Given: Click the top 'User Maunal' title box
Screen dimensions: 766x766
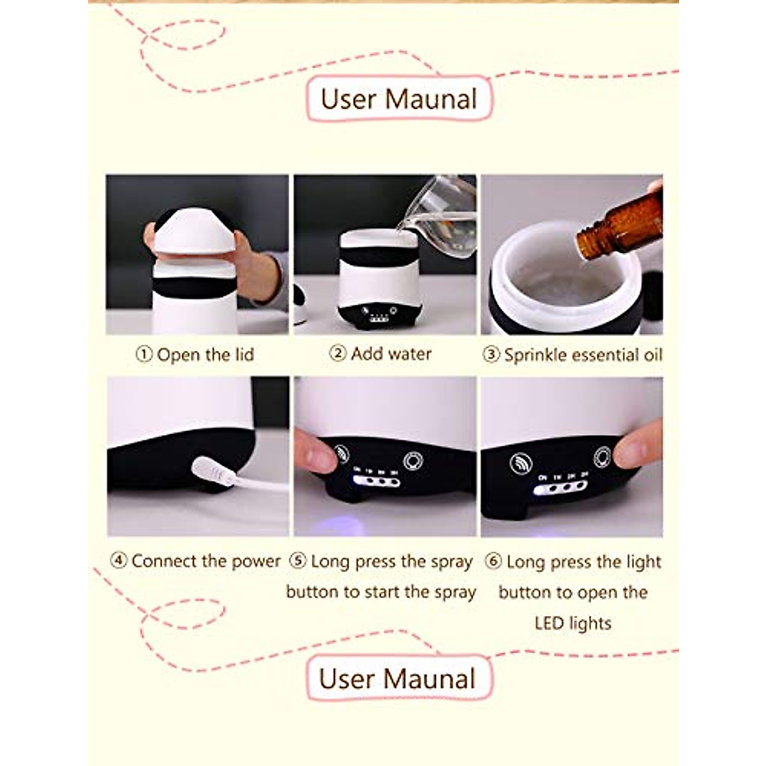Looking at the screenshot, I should (x=399, y=100).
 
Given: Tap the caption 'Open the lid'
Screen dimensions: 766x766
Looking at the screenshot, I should (x=205, y=355).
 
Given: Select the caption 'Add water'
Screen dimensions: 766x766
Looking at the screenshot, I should (x=391, y=354).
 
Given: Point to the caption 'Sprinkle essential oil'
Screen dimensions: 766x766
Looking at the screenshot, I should (x=583, y=356).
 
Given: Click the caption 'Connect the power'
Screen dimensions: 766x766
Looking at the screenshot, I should (x=206, y=561).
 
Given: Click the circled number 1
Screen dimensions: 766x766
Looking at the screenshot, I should (x=144, y=355).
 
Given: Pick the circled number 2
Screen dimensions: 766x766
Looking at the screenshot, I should (x=338, y=353).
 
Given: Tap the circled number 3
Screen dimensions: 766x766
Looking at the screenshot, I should (x=491, y=356).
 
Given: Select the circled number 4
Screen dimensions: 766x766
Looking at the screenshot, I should (x=119, y=561).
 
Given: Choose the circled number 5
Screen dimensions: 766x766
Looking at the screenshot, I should (x=298, y=561).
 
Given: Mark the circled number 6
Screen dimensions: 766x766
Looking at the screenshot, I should (x=493, y=562).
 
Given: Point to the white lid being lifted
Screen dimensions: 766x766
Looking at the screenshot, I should (x=195, y=237).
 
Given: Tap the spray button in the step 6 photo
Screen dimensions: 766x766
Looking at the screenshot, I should (x=522, y=463).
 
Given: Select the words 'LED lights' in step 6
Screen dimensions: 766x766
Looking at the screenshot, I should (x=573, y=623).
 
